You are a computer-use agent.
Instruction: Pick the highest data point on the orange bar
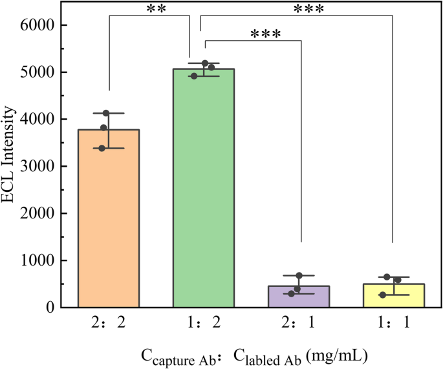[x=106, y=114]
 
